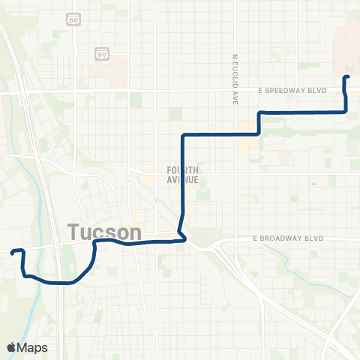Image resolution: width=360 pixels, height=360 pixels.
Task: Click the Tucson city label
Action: click(106, 232)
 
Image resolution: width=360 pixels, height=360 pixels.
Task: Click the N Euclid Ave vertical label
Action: click(235, 78)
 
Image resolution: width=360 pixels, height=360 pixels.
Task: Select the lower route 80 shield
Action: click(100, 54)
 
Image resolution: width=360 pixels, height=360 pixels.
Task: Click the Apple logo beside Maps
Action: click(12, 347)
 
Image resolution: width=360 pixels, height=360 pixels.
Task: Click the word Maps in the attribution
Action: click(33, 347)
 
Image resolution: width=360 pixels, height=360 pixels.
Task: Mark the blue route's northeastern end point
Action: click(346, 77)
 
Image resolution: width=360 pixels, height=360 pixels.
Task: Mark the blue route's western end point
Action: click(13, 253)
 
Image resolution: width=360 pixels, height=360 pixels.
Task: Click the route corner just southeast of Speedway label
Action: click(346, 111)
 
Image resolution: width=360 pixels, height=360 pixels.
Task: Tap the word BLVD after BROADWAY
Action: click(314, 238)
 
